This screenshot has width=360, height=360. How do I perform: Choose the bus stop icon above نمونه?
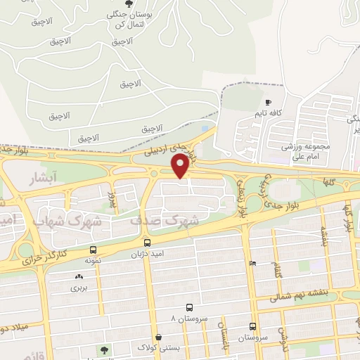pyautogui.click(x=93, y=250)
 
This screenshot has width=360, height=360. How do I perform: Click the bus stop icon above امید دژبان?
pyautogui.click(x=146, y=243)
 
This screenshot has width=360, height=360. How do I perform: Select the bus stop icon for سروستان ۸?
pyautogui.click(x=189, y=307)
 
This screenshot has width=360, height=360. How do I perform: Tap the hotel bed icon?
pyautogui.click(x=252, y=263)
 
